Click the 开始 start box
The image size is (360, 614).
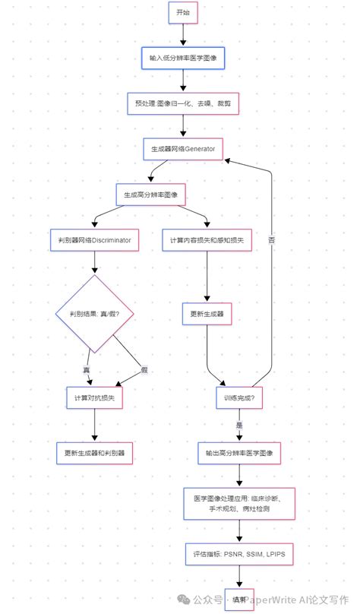pos(183,13)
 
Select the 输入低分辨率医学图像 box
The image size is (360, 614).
pos(183,58)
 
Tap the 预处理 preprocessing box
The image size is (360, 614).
pos(183,103)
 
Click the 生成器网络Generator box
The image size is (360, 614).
pos(183,149)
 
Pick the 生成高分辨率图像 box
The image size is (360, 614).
pos(150,195)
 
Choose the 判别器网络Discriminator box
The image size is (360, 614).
pos(95,240)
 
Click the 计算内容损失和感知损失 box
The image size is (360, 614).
pos(207,240)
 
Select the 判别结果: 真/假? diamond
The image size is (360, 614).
pos(95,312)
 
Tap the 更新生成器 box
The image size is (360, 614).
pos(207,312)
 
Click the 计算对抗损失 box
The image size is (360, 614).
pos(95,397)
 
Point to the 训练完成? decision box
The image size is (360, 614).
pos(239,397)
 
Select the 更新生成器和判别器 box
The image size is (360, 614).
pos(95,454)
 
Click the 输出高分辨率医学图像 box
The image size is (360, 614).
pos(239,454)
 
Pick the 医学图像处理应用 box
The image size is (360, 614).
pos(239,504)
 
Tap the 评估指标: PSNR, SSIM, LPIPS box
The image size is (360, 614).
pos(239,555)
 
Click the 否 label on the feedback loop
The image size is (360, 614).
pos(271,240)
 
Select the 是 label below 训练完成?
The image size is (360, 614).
pos(238,426)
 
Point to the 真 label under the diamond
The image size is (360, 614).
pos(86,369)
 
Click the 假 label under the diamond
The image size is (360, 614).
pos(144,369)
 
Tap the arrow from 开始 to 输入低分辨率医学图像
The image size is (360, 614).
pos(183,35)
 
